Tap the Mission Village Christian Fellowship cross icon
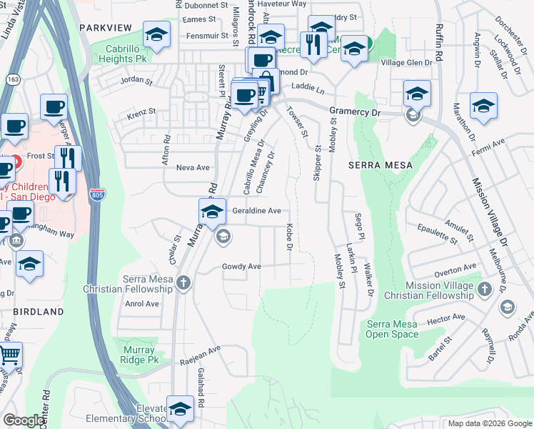(485, 289)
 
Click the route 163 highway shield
(13, 80)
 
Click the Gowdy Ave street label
(241, 267)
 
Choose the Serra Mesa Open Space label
(392, 329)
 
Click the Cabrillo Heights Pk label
(126, 54)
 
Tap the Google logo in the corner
(24, 420)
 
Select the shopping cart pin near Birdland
(9, 355)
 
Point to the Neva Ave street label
(193, 167)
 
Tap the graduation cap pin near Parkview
(156, 34)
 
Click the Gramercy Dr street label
(356, 112)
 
